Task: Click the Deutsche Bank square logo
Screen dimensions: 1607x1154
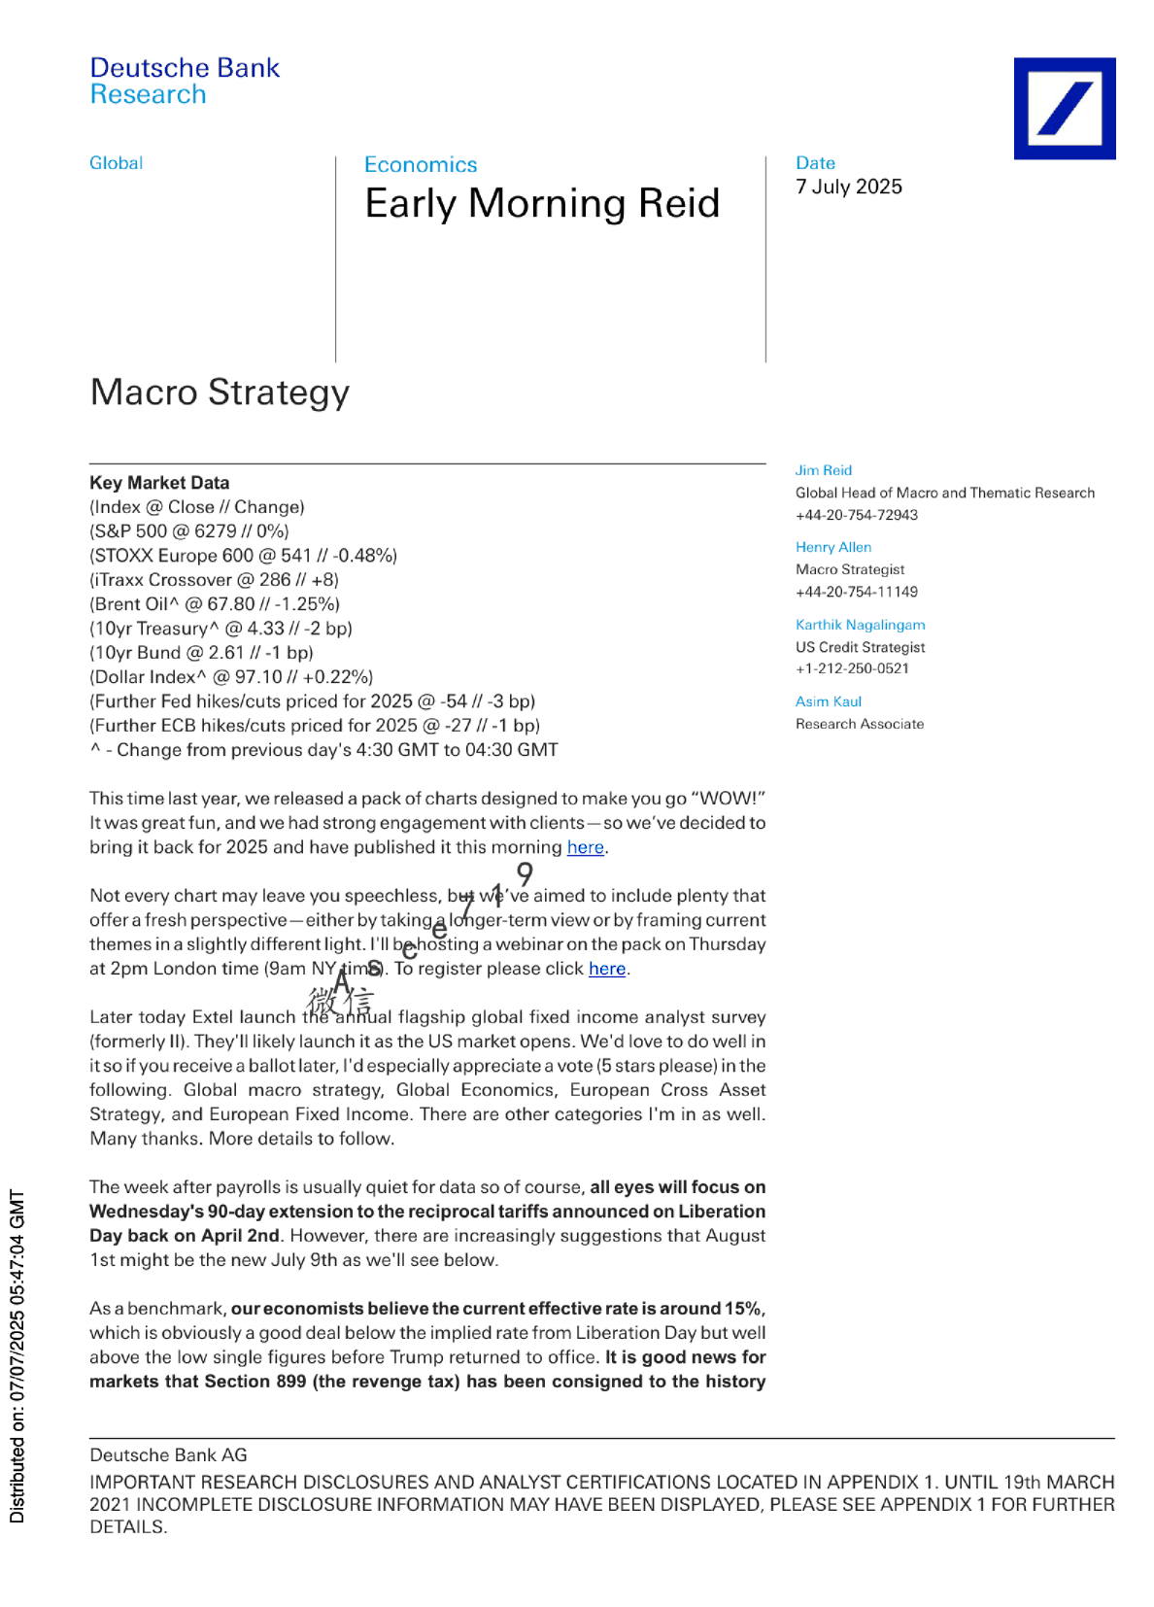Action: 1064,108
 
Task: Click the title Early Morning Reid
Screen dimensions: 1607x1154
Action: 542,204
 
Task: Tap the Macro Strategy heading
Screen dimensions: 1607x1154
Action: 220,393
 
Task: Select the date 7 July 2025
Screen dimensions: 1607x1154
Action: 849,187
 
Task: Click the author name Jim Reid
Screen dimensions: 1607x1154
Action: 823,470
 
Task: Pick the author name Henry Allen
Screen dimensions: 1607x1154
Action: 832,547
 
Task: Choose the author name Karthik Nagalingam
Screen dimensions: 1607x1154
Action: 860,625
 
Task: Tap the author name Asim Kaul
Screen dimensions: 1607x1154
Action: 828,701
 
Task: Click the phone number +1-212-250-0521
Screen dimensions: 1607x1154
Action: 852,668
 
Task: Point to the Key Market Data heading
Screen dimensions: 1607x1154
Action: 159,483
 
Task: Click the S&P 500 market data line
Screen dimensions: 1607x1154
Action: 189,531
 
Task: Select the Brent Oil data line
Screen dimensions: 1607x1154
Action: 215,604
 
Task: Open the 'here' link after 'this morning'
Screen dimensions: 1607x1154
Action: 585,847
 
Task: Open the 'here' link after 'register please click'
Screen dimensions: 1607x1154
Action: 607,969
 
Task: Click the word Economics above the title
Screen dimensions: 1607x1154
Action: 421,165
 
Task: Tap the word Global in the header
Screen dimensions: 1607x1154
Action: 116,163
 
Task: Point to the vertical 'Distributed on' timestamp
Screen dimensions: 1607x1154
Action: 17,1355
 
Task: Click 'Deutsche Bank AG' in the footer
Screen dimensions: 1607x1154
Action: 168,1455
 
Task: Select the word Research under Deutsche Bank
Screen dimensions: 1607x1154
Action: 148,95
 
